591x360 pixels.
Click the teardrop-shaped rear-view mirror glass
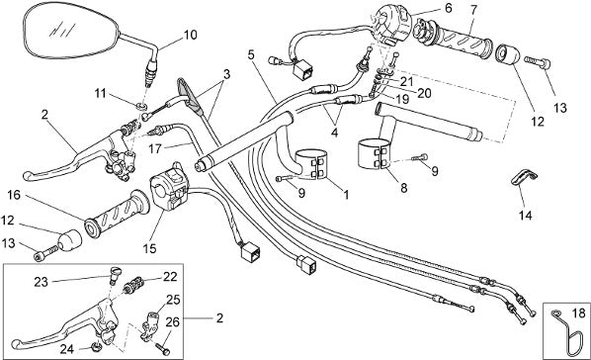pos(71,31)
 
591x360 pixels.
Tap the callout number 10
pos(191,35)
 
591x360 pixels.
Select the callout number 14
pos(525,216)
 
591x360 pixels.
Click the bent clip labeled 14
pos(524,177)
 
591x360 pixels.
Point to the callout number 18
pos(578,313)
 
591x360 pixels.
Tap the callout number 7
pos(473,10)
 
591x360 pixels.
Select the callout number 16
pos(14,195)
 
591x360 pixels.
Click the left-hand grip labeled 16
pos(117,214)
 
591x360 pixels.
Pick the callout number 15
pos(149,248)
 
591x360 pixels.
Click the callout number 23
pos(42,282)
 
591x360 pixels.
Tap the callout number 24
pos(67,349)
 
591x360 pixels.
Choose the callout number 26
pos(173,321)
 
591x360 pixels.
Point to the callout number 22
pos(170,277)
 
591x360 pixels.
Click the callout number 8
pos(404,188)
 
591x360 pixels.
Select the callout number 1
pos(346,195)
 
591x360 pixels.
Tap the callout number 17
pos(154,148)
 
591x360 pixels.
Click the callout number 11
pos(100,93)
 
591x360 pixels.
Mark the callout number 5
pos(251,54)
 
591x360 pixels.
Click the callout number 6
pos(448,8)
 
